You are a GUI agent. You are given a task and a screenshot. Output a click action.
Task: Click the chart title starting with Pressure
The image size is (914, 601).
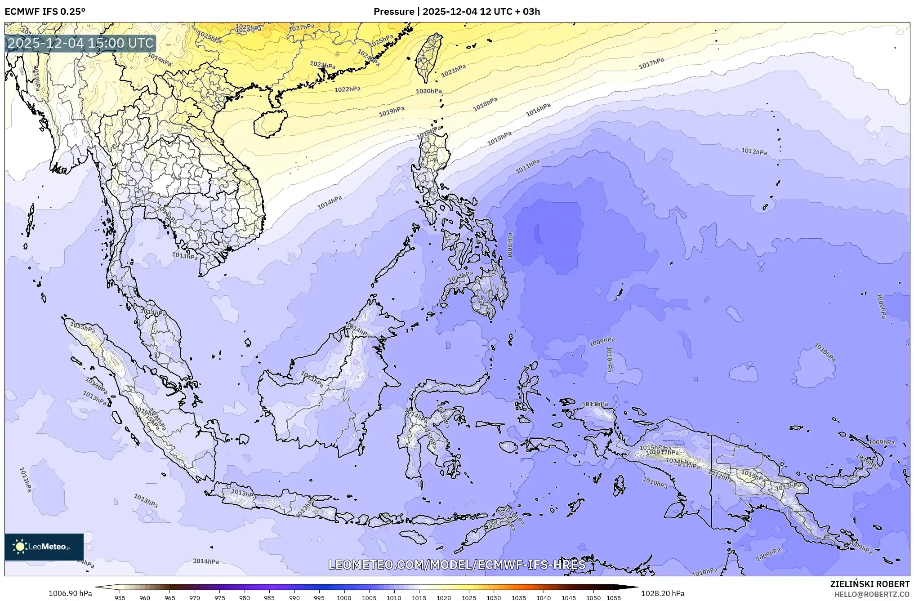pyautogui.click(x=457, y=11)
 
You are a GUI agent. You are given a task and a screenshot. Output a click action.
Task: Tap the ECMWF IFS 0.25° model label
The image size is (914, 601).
pyautogui.click(x=45, y=11)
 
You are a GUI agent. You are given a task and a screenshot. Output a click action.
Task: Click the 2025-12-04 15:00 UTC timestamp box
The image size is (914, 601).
pyautogui.click(x=80, y=43)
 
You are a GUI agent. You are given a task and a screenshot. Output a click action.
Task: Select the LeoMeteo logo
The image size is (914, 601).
pyautogui.click(x=44, y=547)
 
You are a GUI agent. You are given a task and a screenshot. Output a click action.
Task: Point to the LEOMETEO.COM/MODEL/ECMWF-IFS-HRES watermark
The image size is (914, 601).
pyautogui.click(x=457, y=565)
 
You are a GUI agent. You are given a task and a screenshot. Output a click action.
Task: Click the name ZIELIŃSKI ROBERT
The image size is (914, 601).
pyautogui.click(x=869, y=584)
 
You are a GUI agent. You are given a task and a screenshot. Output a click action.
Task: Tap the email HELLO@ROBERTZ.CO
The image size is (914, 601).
pyautogui.click(x=871, y=594)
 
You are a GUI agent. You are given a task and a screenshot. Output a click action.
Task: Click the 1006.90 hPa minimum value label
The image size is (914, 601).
pyautogui.click(x=70, y=593)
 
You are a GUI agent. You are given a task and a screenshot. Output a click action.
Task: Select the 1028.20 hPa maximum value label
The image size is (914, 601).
pyautogui.click(x=663, y=593)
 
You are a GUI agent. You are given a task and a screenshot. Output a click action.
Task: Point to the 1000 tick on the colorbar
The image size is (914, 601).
pyautogui.click(x=344, y=598)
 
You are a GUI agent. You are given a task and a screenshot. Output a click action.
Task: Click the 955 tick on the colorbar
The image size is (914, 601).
pyautogui.click(x=120, y=598)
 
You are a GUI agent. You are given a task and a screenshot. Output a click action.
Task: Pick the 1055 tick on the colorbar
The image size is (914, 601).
pyautogui.click(x=614, y=598)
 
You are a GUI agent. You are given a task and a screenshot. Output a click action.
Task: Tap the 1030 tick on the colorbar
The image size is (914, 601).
pyautogui.click(x=494, y=598)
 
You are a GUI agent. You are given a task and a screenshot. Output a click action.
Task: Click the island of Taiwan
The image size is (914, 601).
pyautogui.click(x=428, y=56)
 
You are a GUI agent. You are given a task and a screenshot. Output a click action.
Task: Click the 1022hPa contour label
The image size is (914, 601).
pyautogui.click(x=348, y=89)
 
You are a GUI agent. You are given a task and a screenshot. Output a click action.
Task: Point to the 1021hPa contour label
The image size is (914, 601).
pyautogui.click(x=453, y=71)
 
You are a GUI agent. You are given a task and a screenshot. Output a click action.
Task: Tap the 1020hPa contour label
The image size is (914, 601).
pyautogui.click(x=428, y=91)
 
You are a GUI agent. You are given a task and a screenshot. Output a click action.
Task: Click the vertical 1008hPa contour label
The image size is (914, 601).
pyautogui.click(x=510, y=245)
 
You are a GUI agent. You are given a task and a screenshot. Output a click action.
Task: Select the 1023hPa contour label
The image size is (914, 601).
pyautogui.click(x=323, y=65)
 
